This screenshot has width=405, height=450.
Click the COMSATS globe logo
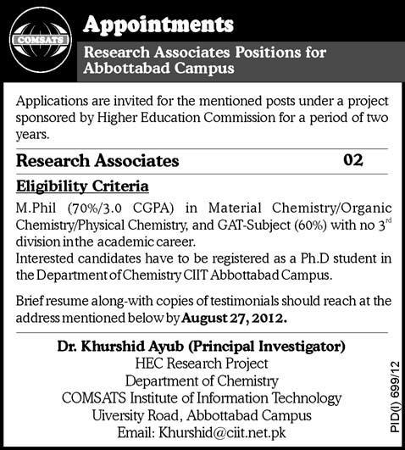click(x=37, y=40)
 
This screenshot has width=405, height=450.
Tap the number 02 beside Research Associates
click(x=354, y=158)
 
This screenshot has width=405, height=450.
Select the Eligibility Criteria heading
click(x=83, y=184)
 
